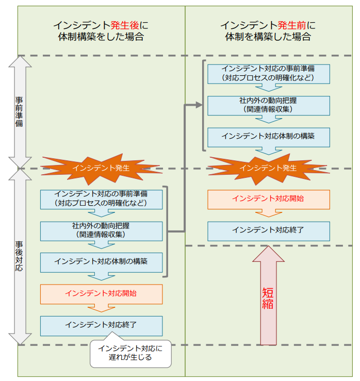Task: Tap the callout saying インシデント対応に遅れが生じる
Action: (x=130, y=353)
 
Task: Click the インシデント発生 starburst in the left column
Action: (x=101, y=168)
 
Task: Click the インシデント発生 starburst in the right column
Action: (x=268, y=168)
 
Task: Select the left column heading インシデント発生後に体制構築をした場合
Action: (x=101, y=30)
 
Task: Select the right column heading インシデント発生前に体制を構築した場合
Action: (x=268, y=30)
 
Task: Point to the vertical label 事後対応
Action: (x=19, y=256)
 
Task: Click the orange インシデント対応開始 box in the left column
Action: (x=101, y=293)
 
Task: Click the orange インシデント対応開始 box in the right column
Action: (x=268, y=199)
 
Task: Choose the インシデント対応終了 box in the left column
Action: (x=101, y=325)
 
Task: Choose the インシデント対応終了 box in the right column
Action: (x=268, y=230)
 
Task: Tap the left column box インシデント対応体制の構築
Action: (x=101, y=262)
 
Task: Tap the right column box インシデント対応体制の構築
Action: (x=268, y=137)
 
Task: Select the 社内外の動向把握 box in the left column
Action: (x=101, y=230)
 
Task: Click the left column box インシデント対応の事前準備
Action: (x=101, y=199)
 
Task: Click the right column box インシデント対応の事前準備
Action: (x=268, y=73)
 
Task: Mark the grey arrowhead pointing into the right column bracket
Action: (x=199, y=105)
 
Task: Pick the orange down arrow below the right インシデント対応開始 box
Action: (x=268, y=213)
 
